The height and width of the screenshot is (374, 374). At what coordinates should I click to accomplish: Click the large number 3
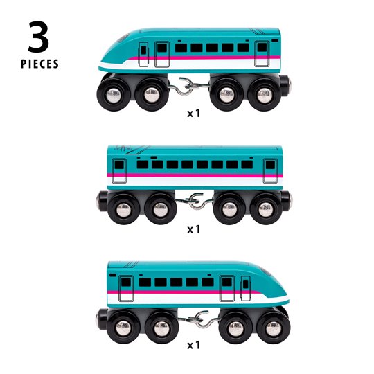[x=39, y=37]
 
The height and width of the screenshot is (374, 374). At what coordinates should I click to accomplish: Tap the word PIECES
[x=40, y=64]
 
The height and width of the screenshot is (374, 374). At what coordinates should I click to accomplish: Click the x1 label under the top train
[x=193, y=114]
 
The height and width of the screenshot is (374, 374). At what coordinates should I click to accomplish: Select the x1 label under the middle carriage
[x=193, y=229]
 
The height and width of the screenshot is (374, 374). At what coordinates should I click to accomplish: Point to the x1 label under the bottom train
[x=193, y=345]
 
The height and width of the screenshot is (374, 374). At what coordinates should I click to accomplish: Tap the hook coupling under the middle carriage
[x=195, y=202]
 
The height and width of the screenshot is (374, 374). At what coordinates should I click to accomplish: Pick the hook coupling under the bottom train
[x=199, y=319]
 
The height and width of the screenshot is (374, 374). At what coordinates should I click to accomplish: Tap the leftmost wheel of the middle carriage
[x=123, y=208]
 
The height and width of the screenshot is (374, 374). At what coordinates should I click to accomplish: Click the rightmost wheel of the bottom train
[x=274, y=327]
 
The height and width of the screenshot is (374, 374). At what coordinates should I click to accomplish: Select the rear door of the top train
[x=262, y=53]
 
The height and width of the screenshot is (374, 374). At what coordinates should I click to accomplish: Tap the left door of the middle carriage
[x=119, y=171]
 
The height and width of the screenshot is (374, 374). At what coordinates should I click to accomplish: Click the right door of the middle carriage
[x=270, y=171]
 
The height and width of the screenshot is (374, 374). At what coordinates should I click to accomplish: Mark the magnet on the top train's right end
[x=290, y=84]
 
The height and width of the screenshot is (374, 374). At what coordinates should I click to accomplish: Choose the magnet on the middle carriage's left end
[x=98, y=201]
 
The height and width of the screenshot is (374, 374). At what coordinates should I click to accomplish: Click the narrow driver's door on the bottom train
[x=245, y=288]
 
